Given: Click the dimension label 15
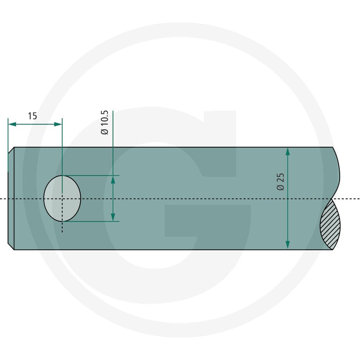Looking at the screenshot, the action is pyautogui.click(x=32, y=116).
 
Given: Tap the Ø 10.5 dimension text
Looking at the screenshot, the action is pyautogui.click(x=105, y=122).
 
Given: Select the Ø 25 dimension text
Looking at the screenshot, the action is pyautogui.click(x=280, y=182).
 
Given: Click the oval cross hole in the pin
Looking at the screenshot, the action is pyautogui.click(x=62, y=198).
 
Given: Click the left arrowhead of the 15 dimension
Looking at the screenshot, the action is pyautogui.click(x=12, y=124).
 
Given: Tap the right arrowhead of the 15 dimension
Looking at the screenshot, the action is pyautogui.click(x=58, y=124).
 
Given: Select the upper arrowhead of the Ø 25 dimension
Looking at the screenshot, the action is pyautogui.click(x=288, y=152).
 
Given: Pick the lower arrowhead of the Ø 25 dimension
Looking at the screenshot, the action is pyautogui.click(x=288, y=245).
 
